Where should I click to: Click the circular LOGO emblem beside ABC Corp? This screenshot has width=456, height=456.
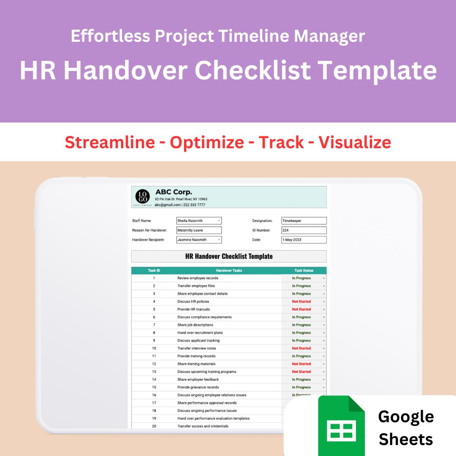(142, 197)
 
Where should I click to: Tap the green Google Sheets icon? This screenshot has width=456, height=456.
(341, 425)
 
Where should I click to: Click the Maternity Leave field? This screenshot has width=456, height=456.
(198, 231)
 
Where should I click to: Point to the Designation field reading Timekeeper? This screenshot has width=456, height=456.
(304, 221)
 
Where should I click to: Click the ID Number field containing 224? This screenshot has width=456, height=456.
(304, 231)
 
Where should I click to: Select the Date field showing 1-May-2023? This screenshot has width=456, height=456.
(304, 240)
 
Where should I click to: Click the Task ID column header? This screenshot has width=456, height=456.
(154, 271)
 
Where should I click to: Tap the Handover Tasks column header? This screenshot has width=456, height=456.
(229, 271)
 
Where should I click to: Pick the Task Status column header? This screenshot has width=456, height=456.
(304, 271)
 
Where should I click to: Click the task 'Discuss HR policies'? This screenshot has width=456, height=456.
(193, 301)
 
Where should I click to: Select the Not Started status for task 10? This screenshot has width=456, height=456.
(301, 348)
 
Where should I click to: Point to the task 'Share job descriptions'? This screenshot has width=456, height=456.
(195, 325)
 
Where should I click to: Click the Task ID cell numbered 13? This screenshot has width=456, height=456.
(154, 372)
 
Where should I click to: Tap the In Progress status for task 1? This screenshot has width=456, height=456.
(301, 278)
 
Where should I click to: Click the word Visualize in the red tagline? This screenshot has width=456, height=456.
(355, 142)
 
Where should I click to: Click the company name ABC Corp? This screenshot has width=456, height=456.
(174, 192)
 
